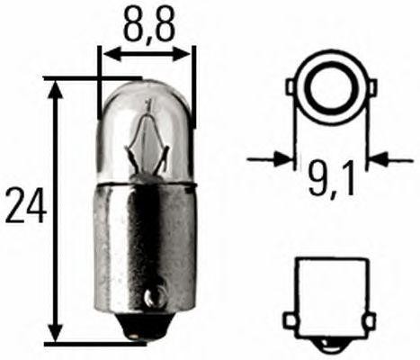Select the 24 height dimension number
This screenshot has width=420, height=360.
pyautogui.click(x=23, y=208)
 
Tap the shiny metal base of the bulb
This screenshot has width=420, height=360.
pyautogui.click(x=144, y=243)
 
